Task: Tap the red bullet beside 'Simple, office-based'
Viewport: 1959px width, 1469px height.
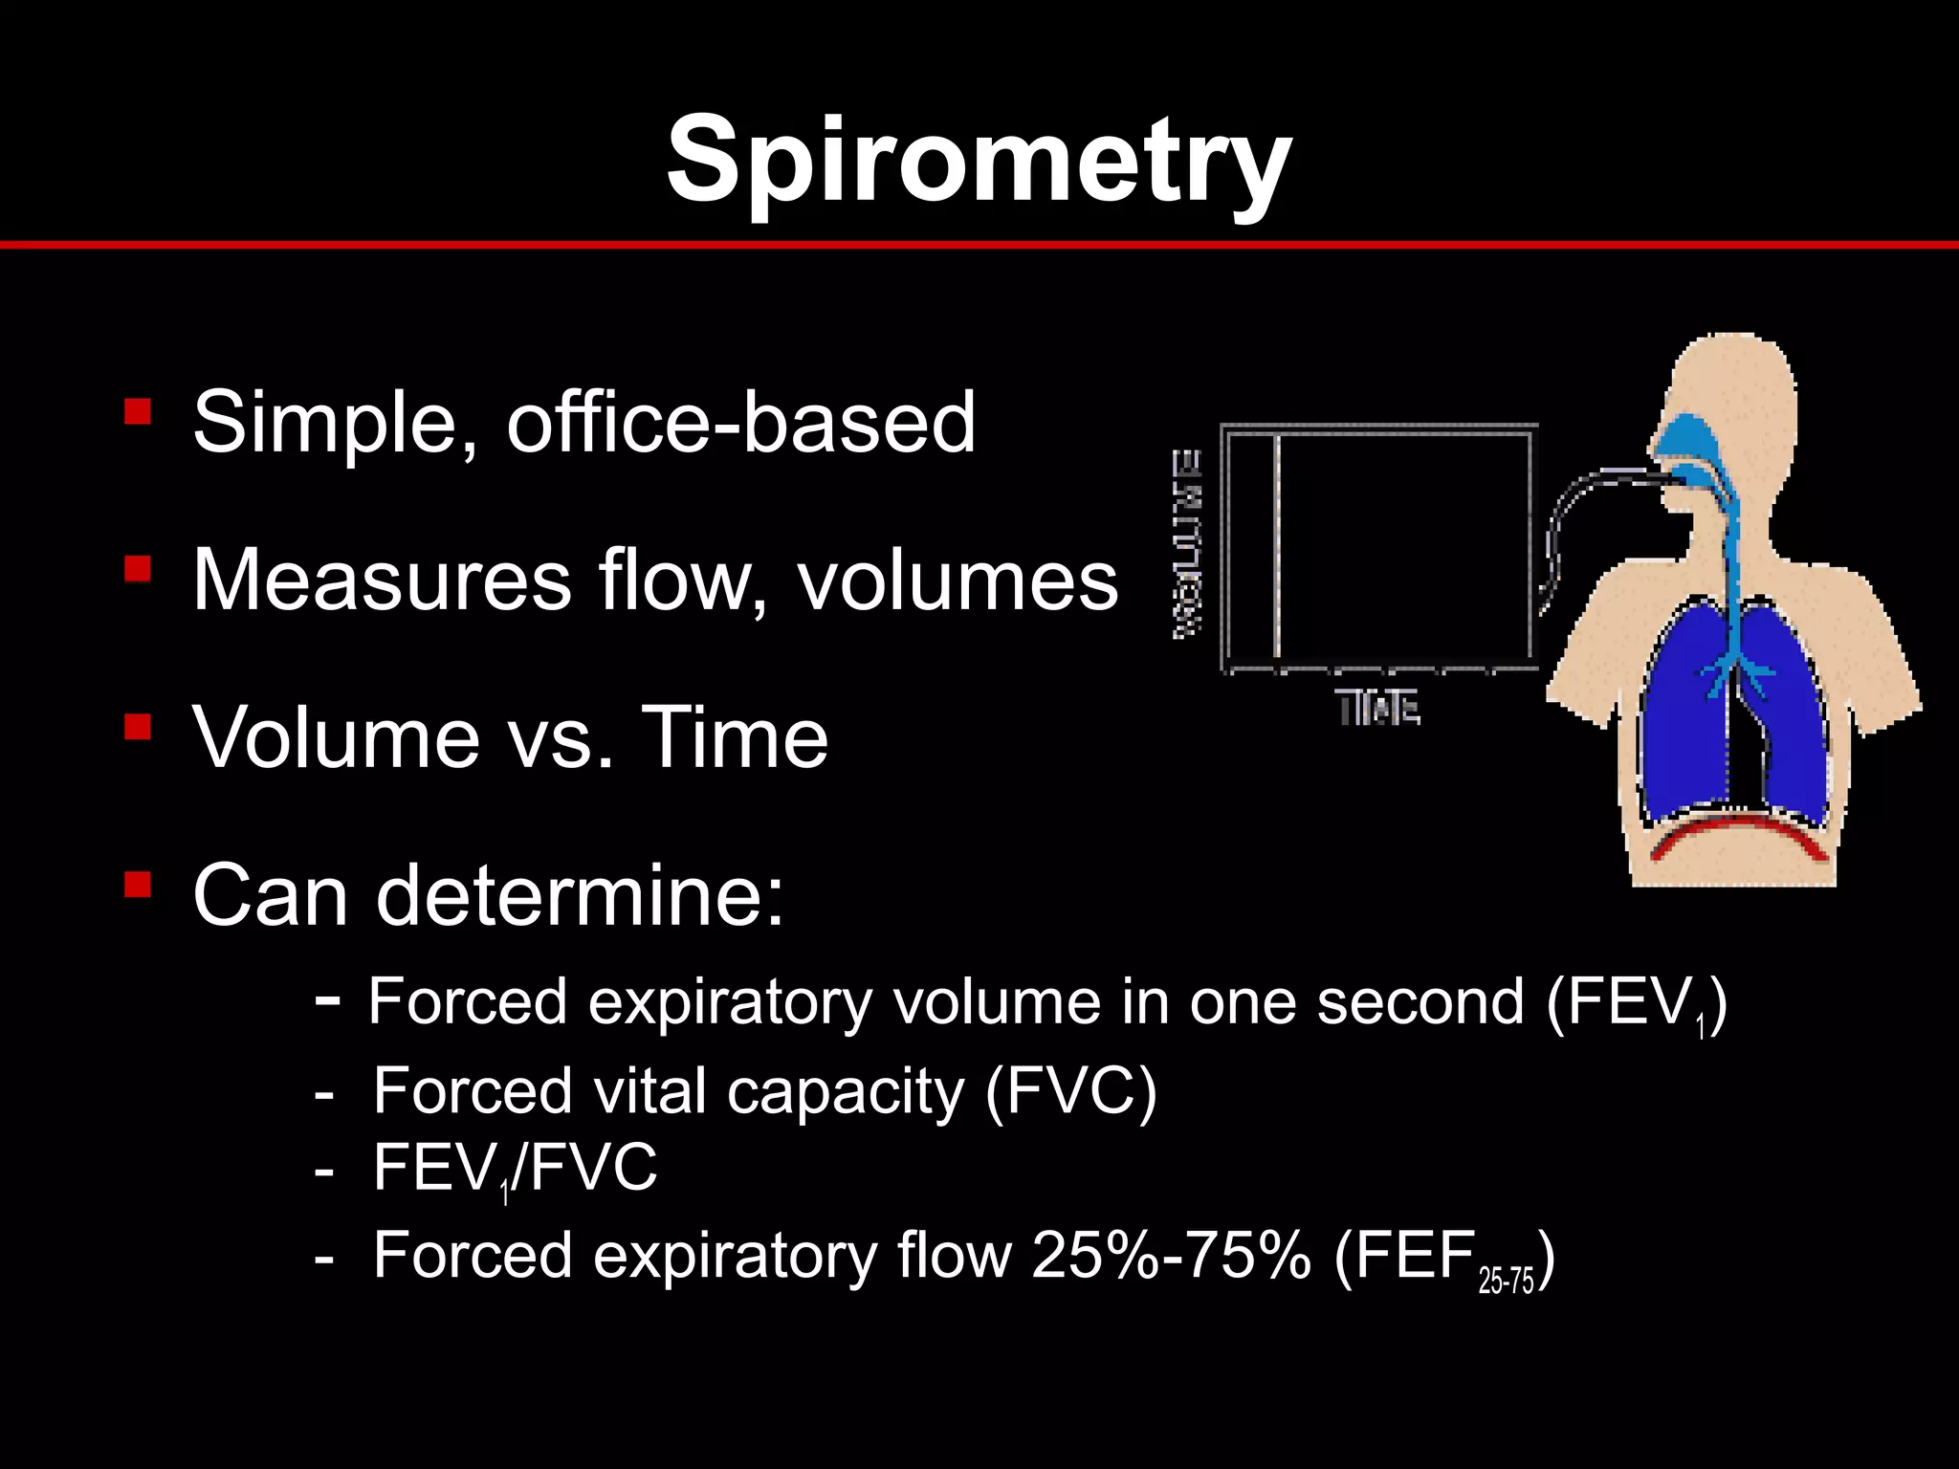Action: pos(138,412)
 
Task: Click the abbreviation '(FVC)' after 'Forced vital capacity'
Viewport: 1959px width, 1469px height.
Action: pos(1070,1090)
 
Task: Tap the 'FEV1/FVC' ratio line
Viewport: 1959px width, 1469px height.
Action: pos(515,1169)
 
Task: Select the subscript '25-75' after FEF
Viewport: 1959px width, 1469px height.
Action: pos(1506,1281)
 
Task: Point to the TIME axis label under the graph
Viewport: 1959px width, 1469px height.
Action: pos(1377,709)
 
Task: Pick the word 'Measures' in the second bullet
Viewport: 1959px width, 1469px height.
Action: pos(382,580)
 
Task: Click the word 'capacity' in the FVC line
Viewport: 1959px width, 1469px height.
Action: pos(846,1091)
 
